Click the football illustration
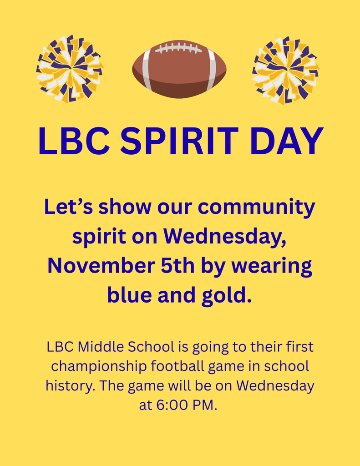(179, 69)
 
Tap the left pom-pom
(69, 69)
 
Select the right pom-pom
(285, 70)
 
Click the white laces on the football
(179, 48)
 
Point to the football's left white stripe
(146, 69)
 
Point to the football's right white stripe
(211, 69)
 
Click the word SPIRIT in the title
(179, 141)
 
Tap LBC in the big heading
(73, 141)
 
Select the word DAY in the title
(287, 141)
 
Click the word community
(257, 208)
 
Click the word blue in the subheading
(130, 295)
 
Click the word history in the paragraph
(69, 386)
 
